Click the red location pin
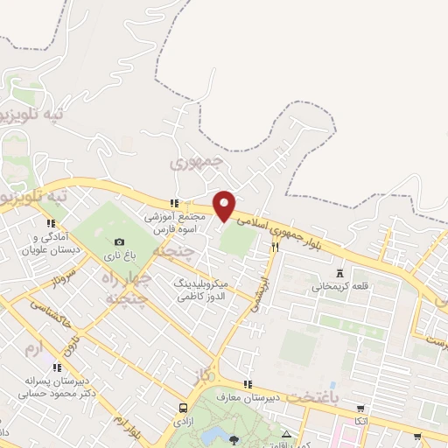click(225, 205)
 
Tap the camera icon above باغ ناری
click(119, 241)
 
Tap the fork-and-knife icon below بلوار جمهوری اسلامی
click(275, 248)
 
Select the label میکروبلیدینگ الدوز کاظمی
click(202, 291)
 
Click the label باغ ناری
click(119, 255)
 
